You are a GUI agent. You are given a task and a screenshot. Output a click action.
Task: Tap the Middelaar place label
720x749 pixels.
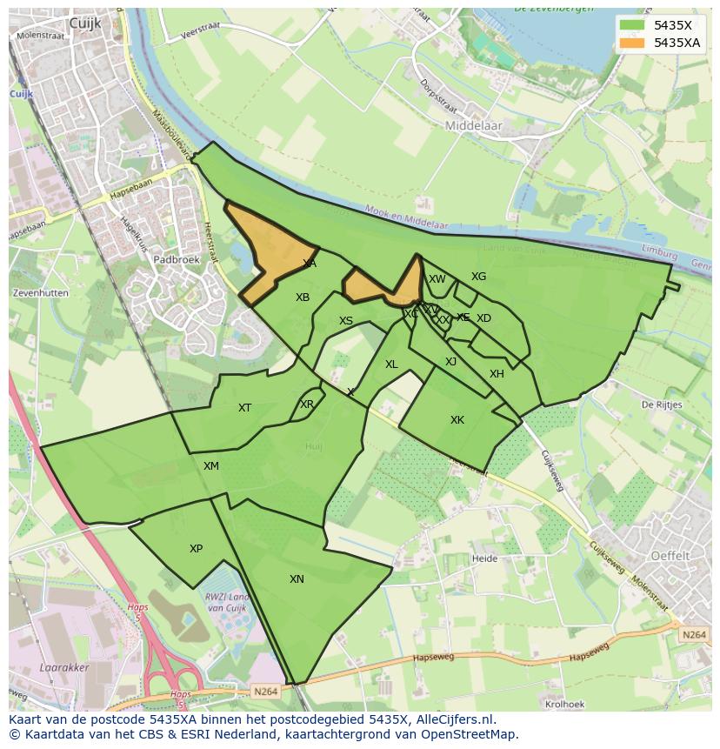coord(474,125)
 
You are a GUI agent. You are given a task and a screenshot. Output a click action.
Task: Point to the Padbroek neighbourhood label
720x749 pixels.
coord(177,259)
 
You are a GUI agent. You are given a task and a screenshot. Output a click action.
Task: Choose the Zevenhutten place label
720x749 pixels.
coord(41,293)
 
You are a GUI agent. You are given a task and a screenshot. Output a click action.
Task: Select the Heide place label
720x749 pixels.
coord(483,558)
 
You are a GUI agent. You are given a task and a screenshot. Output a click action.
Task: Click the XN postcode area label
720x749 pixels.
coord(297,579)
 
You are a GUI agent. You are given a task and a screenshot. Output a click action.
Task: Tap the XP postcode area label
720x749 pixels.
coord(196,549)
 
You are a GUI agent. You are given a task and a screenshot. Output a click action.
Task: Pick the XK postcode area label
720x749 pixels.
coord(457,420)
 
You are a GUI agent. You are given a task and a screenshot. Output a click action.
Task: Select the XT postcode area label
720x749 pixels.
coord(245,408)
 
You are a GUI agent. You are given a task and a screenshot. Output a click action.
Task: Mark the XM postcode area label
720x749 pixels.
coord(211,466)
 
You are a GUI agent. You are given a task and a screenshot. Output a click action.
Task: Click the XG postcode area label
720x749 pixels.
coord(478,277)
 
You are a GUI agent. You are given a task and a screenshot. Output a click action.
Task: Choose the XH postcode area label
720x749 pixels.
coord(497,374)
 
